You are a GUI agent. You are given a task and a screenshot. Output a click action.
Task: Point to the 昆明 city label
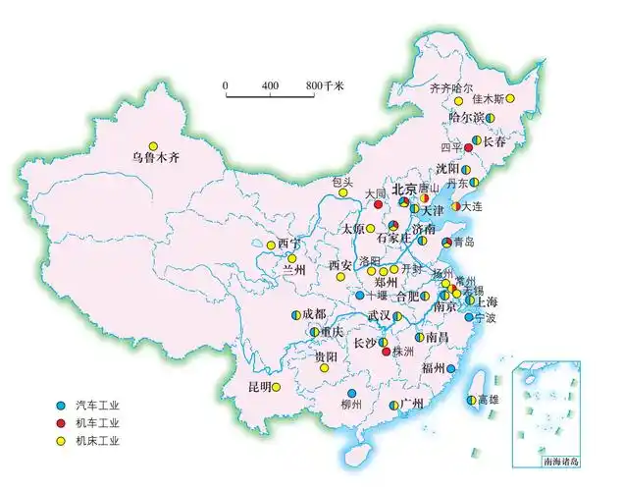(x=259, y=386)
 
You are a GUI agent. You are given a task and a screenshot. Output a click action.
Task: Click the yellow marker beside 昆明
(x=278, y=386)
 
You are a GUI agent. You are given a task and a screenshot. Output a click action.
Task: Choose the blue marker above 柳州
(x=351, y=393)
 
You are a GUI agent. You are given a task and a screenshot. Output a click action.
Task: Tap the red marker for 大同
(x=378, y=205)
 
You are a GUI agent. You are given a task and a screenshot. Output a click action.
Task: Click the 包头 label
(x=343, y=182)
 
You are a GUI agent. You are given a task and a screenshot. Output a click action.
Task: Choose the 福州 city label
(x=432, y=368)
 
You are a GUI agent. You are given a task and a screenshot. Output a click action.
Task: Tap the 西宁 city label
(x=289, y=244)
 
